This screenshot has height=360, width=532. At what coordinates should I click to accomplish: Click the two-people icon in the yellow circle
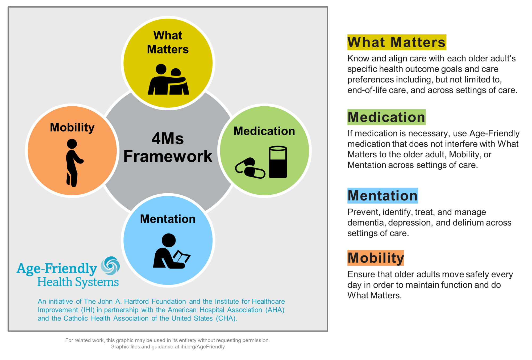168,79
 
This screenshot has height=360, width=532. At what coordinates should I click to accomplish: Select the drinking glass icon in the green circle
278,162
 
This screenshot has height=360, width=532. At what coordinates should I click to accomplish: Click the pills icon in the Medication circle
250,168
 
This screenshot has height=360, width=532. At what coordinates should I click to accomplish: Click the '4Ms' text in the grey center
168,139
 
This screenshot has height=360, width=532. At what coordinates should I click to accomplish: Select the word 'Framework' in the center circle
168,156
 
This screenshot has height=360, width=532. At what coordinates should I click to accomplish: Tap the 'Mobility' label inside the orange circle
72,127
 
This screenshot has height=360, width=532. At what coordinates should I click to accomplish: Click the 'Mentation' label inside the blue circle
168,219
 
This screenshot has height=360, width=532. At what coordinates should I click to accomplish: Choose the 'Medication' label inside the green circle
264,131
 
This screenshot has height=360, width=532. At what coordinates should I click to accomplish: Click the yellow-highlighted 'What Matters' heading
396,42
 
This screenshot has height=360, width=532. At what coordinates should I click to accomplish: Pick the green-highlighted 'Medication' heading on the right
386,117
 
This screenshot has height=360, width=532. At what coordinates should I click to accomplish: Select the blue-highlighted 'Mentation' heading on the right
383,196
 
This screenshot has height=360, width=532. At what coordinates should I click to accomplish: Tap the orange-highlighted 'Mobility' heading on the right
376,258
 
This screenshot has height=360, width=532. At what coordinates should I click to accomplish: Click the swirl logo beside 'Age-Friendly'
110,265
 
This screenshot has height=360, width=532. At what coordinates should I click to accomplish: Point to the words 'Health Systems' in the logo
78,282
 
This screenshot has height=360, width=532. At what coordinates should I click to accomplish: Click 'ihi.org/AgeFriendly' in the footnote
202,347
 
